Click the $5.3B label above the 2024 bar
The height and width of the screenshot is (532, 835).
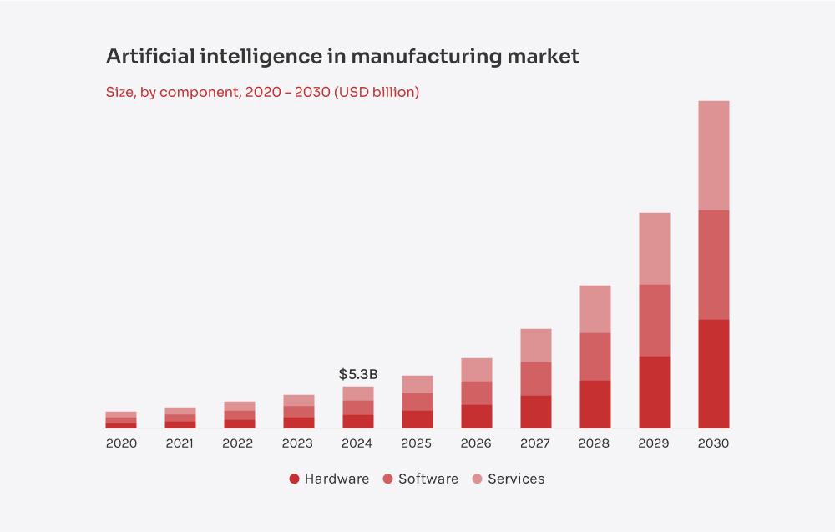(x=358, y=374)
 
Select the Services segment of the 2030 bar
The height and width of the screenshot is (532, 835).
(x=713, y=155)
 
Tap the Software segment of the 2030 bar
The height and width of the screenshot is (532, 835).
(x=713, y=265)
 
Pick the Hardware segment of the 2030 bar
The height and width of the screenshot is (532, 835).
(x=713, y=373)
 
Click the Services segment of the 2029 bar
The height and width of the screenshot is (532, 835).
(x=654, y=248)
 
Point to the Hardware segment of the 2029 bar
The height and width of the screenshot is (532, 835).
(x=654, y=392)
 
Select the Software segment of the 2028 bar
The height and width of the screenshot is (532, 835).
(x=595, y=357)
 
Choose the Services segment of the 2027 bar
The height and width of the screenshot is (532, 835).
(x=535, y=345)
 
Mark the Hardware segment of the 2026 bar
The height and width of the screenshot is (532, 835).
(x=476, y=416)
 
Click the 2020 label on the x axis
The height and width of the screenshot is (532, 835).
(x=121, y=443)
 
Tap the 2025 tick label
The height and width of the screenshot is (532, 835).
(x=417, y=443)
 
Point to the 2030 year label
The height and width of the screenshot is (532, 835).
(x=713, y=443)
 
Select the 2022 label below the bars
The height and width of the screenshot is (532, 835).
(x=239, y=443)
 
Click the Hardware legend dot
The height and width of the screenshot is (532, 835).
(x=294, y=479)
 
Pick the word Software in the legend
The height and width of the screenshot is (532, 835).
(x=428, y=479)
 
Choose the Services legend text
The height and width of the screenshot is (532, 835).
(x=516, y=479)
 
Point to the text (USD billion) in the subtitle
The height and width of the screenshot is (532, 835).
(x=377, y=92)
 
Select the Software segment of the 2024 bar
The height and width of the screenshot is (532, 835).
(x=357, y=408)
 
